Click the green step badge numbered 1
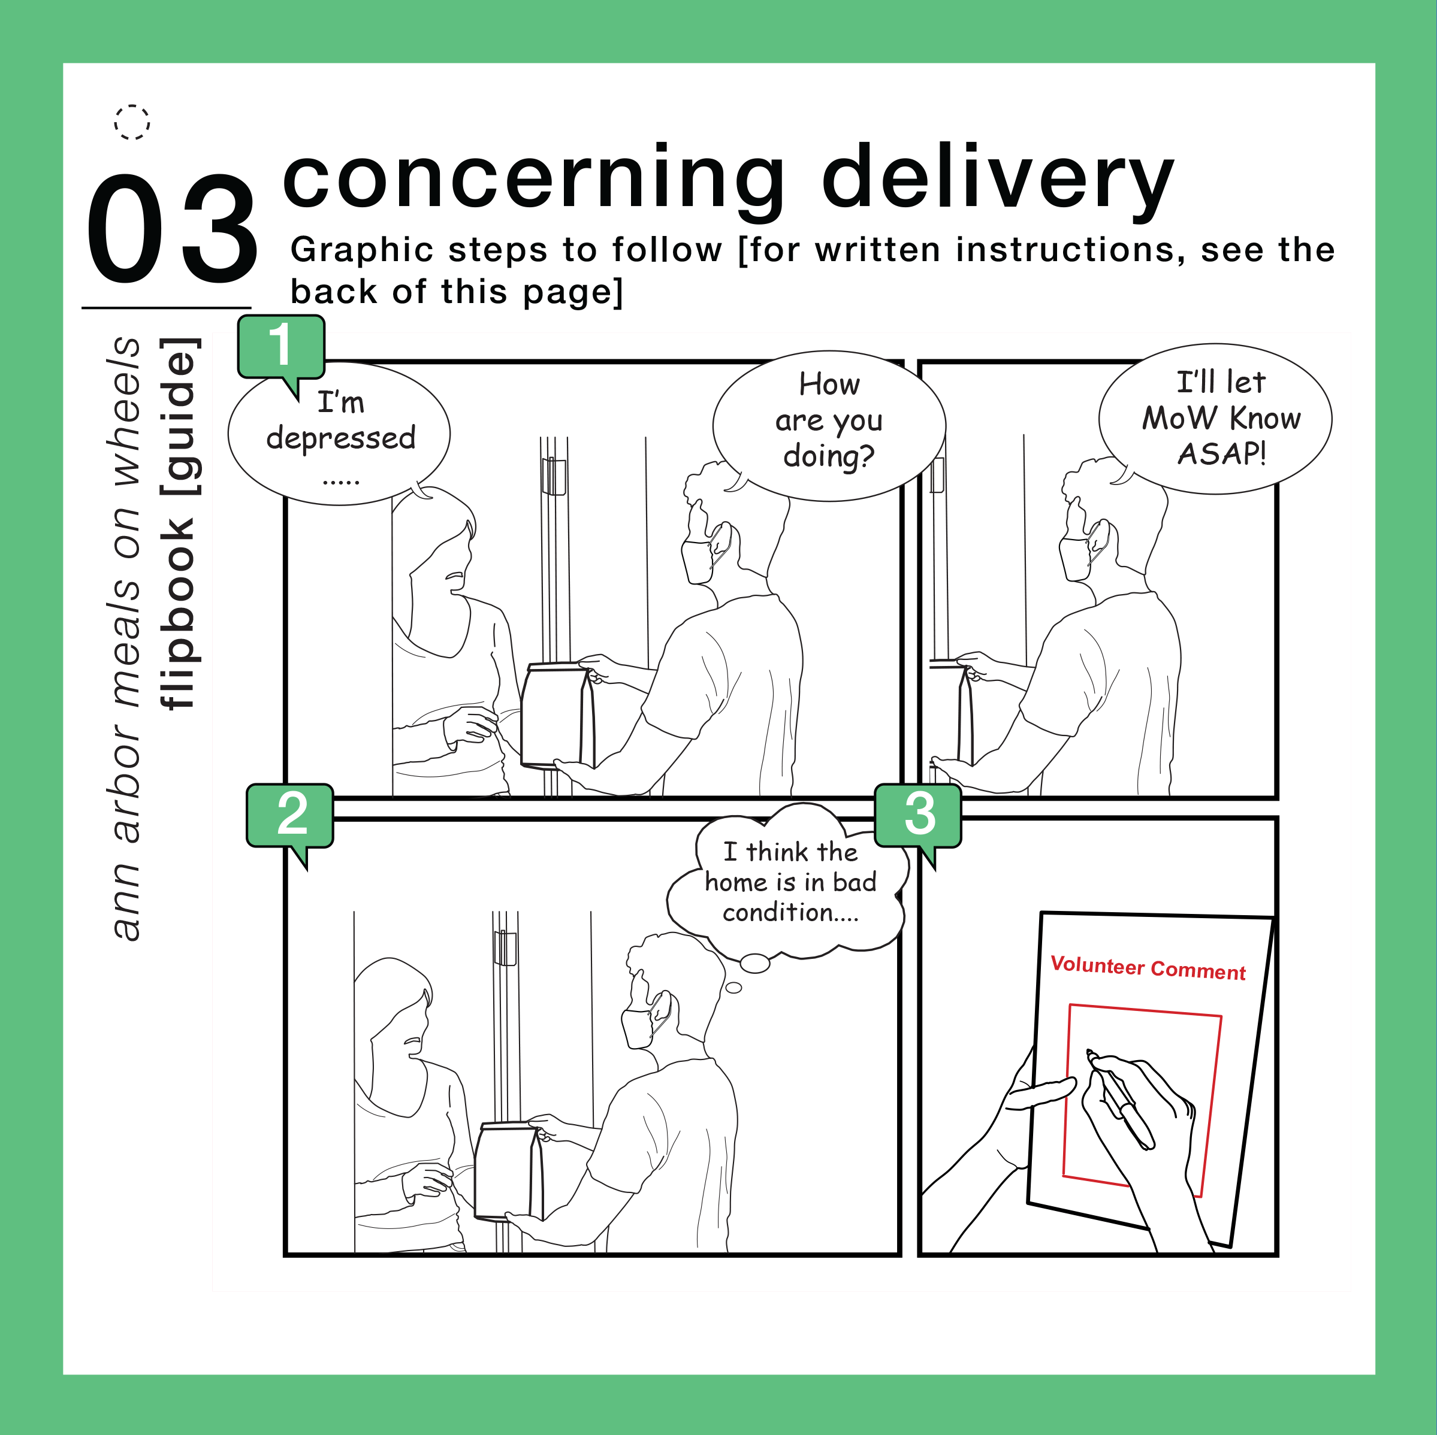tap(280, 347)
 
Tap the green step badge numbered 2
tap(289, 815)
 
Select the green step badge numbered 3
tap(918, 815)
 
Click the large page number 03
tap(172, 229)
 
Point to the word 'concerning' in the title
tap(533, 178)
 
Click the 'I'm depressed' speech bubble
tap(339, 434)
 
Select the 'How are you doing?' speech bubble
tap(829, 425)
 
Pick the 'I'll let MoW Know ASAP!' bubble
tap(1215, 418)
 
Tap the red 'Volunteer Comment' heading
tap(1148, 968)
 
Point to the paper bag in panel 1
tap(557, 715)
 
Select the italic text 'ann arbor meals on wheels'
tap(126, 638)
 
